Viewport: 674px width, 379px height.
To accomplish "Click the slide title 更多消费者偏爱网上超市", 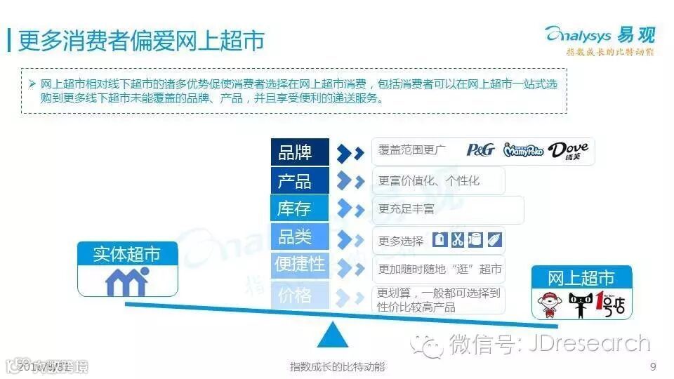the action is (140, 40).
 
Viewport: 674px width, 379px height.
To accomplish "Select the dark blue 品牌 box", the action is (300, 152).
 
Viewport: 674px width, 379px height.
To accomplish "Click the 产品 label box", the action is (300, 181).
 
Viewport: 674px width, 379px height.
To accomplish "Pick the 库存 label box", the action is (300, 209).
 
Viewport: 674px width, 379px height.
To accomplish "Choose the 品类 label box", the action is (300, 237).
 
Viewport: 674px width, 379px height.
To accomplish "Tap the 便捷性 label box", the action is (300, 265).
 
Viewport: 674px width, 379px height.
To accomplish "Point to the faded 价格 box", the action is (300, 295).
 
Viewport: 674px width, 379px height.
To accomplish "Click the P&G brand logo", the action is (481, 150).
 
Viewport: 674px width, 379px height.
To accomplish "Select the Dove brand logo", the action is (568, 151).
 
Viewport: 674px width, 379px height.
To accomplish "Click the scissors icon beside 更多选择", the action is (458, 239).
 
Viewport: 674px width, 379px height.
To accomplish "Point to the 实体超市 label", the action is (126, 254).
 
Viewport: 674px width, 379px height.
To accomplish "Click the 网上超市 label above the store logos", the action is (581, 277).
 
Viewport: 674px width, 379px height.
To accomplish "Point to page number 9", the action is (654, 366).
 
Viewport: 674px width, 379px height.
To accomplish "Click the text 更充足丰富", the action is (407, 209).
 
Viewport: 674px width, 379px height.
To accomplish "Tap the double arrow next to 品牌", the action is (350, 152).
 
